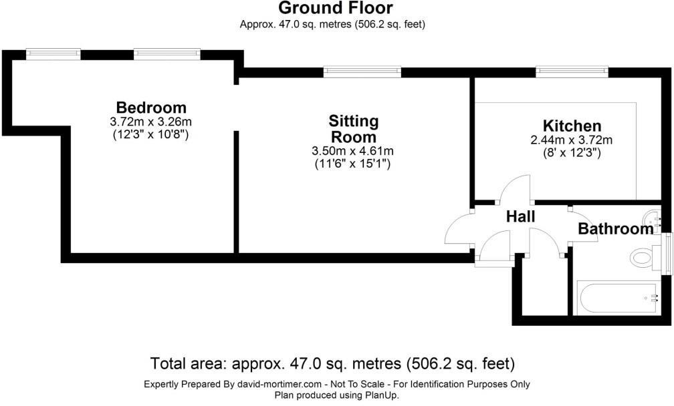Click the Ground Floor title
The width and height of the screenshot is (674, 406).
(336, 8)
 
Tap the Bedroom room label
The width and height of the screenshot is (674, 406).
(151, 108)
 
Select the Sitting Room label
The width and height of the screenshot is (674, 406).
(353, 129)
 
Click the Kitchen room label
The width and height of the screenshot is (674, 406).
(572, 126)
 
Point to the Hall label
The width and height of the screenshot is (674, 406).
(520, 216)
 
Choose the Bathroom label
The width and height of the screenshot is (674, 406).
(615, 230)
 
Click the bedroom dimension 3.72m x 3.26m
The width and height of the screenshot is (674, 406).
(151, 122)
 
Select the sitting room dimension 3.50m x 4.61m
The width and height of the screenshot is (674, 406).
(353, 151)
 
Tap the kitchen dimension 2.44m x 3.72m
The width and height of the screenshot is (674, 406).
(572, 140)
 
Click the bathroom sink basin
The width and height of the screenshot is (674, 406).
(652, 218)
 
